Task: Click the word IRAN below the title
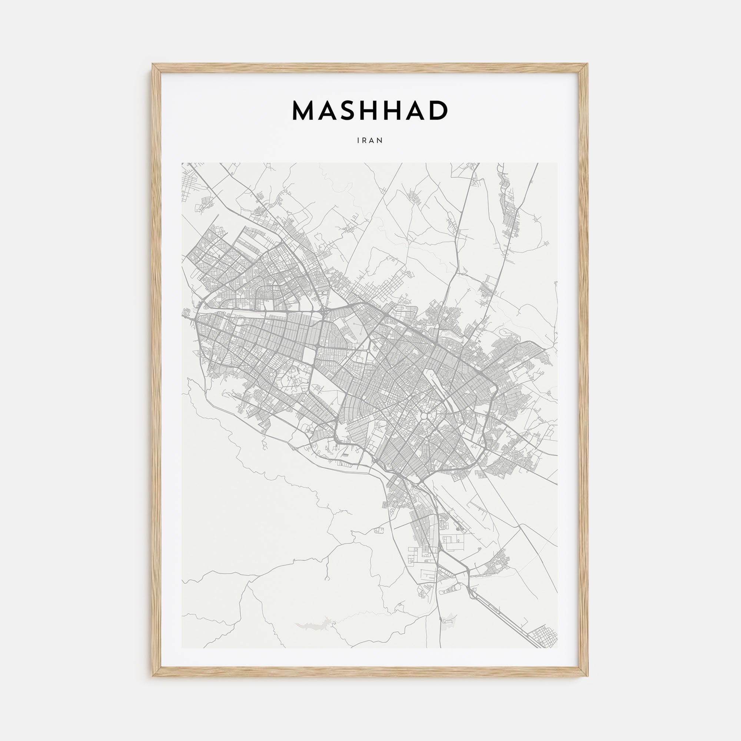tap(370, 141)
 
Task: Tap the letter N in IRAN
tap(380, 141)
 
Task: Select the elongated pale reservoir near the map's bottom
tap(313, 627)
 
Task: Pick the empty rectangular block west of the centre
tap(308, 356)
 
